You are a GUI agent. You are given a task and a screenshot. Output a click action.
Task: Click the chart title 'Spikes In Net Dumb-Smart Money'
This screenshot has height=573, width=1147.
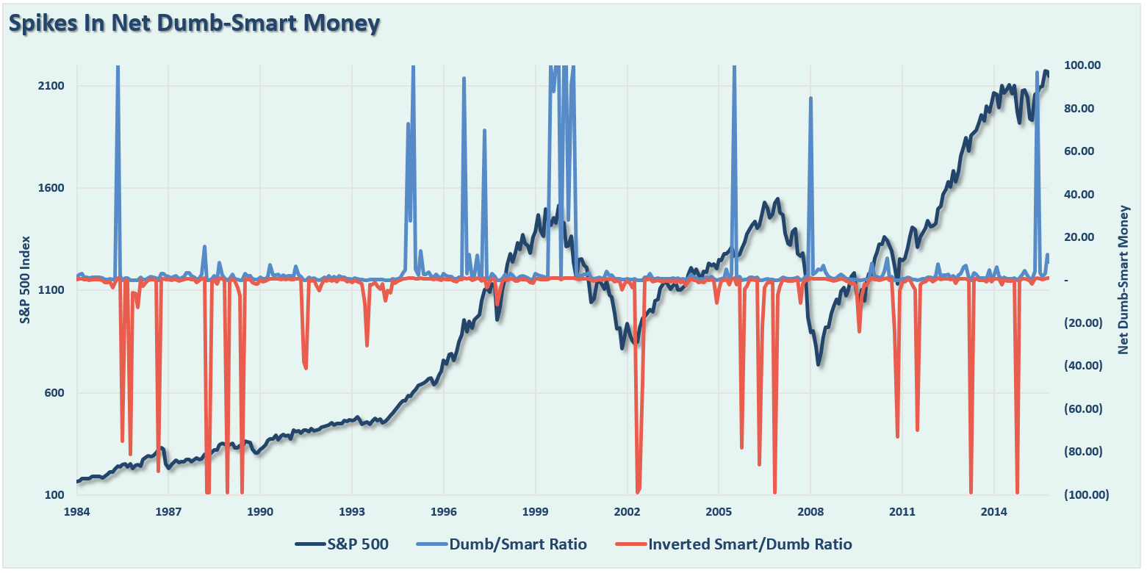point(195,24)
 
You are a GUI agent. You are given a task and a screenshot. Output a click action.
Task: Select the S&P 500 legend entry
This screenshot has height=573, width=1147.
point(342,544)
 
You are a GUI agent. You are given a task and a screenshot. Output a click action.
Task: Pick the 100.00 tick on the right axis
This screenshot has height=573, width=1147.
point(1083,65)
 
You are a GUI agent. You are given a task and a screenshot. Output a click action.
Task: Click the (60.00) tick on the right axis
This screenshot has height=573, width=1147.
point(1082,408)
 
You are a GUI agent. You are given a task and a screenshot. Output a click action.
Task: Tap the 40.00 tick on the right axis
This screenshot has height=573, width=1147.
point(1082,194)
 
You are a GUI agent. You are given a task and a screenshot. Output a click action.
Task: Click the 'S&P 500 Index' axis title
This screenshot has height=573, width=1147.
point(25,280)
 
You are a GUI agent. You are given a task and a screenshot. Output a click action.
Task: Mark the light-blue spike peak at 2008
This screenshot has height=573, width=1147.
point(810,98)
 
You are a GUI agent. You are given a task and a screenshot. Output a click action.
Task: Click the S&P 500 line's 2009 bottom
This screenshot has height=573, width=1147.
point(819,364)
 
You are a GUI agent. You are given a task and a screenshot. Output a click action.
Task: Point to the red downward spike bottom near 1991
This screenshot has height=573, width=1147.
point(306,368)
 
